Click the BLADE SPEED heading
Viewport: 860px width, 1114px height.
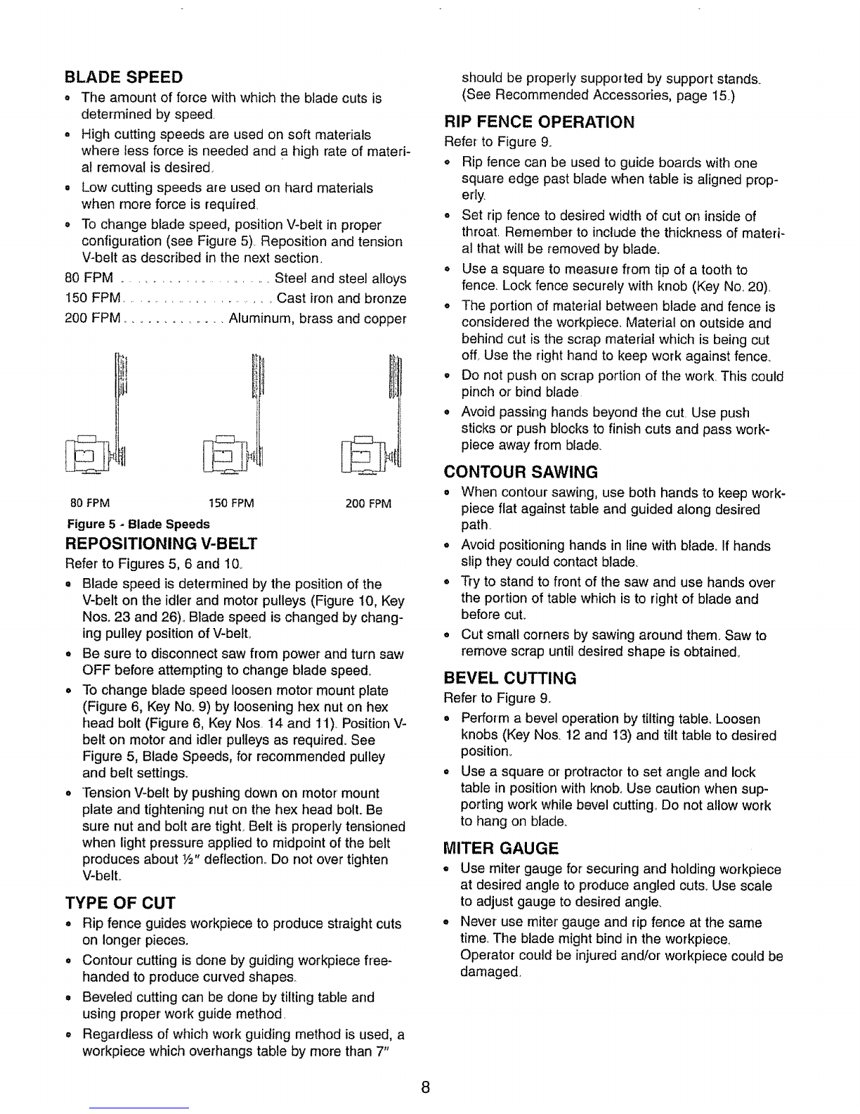click(124, 76)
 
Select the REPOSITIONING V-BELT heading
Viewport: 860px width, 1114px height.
click(161, 544)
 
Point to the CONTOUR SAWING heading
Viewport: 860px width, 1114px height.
click(521, 470)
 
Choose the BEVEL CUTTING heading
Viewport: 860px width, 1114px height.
click(511, 678)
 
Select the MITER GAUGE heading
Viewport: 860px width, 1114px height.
click(502, 847)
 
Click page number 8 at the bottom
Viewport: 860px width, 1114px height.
click(426, 1086)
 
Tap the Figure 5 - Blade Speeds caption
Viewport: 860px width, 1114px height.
click(138, 524)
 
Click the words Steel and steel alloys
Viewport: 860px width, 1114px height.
click(341, 278)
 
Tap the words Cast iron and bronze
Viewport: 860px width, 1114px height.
click(342, 298)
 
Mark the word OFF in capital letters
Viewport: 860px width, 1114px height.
click(96, 669)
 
